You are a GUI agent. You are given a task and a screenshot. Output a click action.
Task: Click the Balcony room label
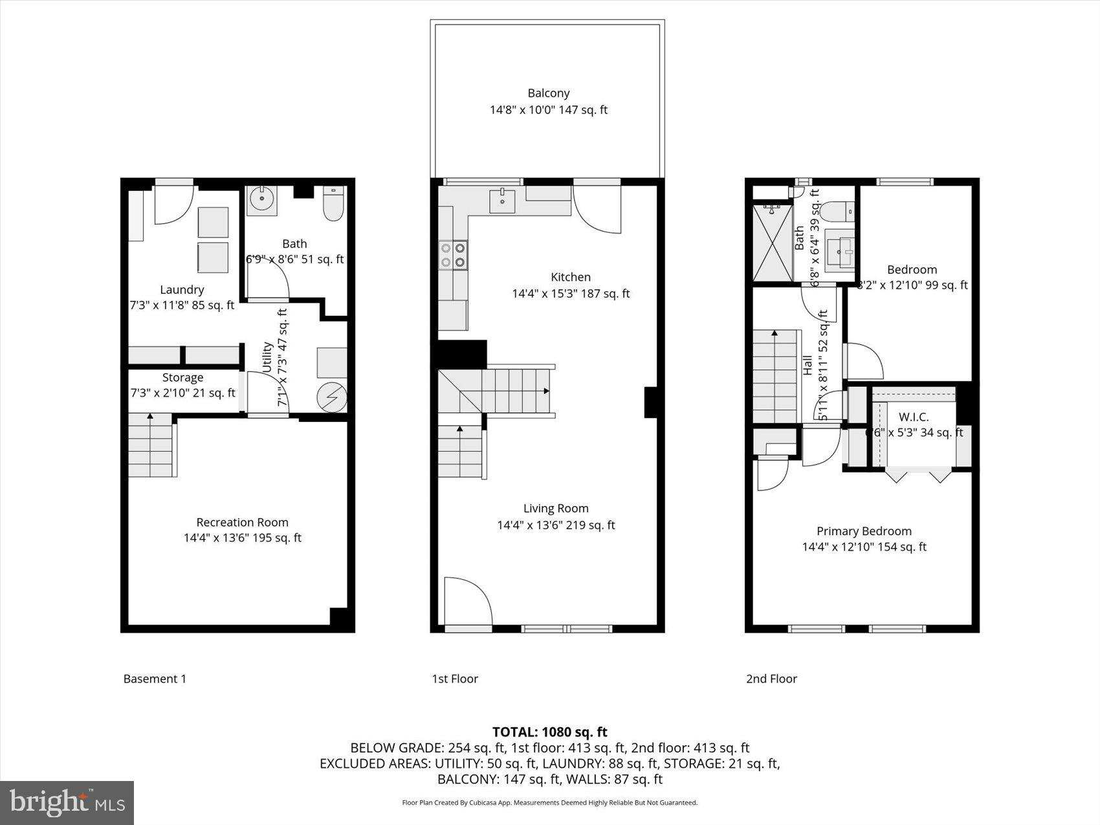[x=548, y=93]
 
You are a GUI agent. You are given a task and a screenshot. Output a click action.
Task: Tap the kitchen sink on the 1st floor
[x=502, y=201]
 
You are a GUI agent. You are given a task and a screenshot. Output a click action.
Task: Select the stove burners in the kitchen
[x=453, y=254]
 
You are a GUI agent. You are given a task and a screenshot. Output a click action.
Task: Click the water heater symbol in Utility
[x=333, y=397]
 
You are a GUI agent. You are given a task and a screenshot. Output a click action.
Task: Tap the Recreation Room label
[x=242, y=522]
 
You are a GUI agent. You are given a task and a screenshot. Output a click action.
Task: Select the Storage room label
[x=182, y=377]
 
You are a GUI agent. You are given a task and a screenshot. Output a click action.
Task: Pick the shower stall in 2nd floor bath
[x=773, y=243]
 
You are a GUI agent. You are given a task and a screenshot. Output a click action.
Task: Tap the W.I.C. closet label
[x=913, y=417]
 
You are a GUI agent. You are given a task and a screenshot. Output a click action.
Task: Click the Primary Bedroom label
[x=864, y=531]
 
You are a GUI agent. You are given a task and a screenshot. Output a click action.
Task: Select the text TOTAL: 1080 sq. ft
[x=549, y=732]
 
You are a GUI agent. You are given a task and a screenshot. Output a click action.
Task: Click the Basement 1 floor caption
[x=155, y=679]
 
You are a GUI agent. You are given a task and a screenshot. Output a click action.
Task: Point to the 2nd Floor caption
[x=771, y=679]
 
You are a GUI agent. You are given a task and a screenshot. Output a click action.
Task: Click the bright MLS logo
[x=67, y=802]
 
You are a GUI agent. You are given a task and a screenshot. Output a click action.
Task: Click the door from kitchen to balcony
[x=597, y=208]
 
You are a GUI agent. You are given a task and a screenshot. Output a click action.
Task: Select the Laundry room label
[x=182, y=290]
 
